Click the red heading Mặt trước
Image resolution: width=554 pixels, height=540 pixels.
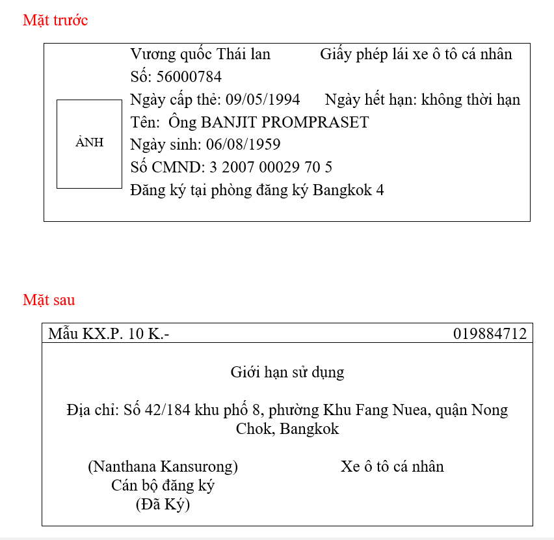(x=55, y=20)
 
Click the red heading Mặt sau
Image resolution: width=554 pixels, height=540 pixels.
(x=49, y=300)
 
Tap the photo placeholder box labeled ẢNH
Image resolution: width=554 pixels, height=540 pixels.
(x=89, y=144)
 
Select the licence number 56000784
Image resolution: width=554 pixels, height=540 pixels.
(x=189, y=77)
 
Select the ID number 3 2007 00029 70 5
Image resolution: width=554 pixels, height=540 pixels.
(x=270, y=167)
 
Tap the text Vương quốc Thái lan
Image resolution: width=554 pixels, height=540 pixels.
(x=200, y=54)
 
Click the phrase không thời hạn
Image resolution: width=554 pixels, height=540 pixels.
(x=471, y=100)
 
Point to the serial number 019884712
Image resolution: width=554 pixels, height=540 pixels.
(x=490, y=334)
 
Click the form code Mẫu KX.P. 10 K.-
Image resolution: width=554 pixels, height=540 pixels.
(x=109, y=334)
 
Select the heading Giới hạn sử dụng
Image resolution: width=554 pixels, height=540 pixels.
(x=287, y=373)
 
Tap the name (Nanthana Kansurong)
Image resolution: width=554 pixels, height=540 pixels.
(x=163, y=466)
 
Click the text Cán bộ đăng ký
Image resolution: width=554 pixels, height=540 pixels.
(x=163, y=485)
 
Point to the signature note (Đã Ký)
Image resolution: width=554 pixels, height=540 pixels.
(x=163, y=504)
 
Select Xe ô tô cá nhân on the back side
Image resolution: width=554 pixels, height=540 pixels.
(x=392, y=466)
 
